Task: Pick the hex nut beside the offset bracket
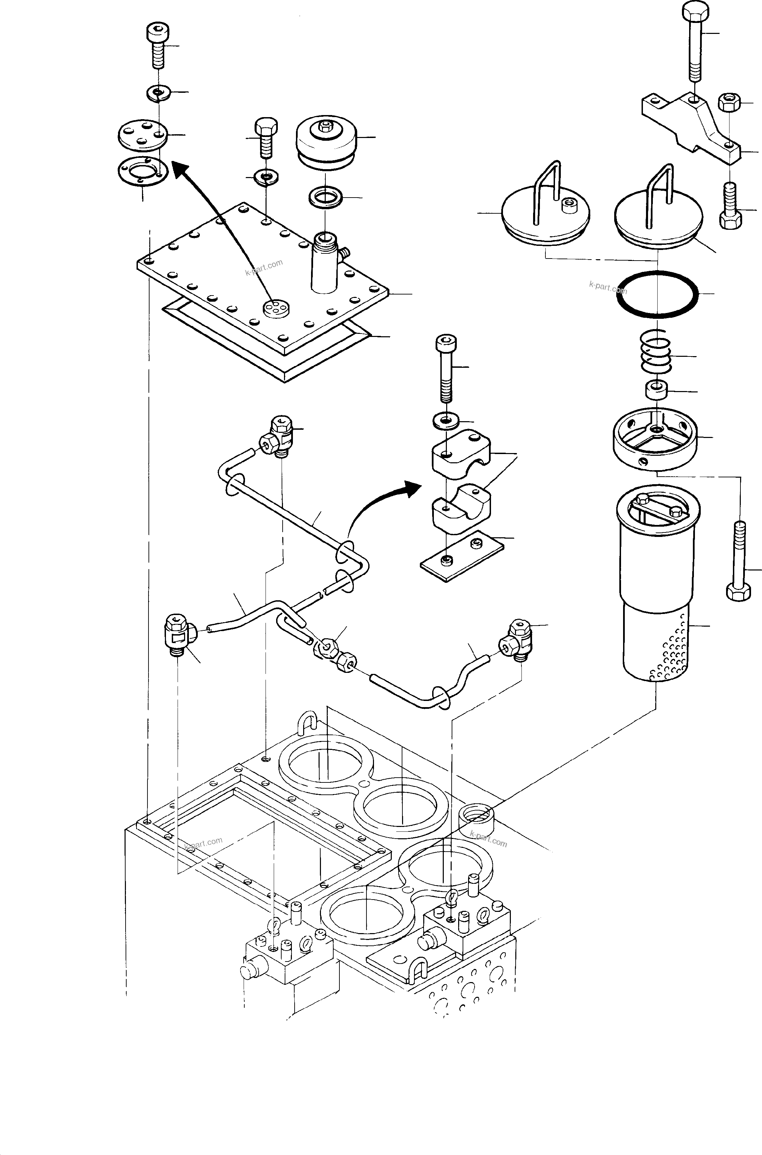pos(728,103)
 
